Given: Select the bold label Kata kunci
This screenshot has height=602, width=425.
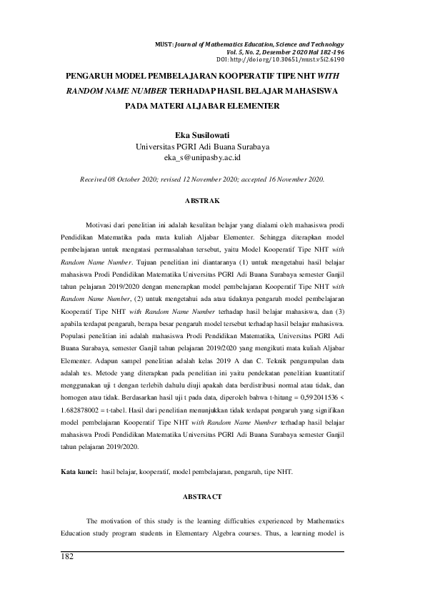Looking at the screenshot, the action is tap(77, 473).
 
